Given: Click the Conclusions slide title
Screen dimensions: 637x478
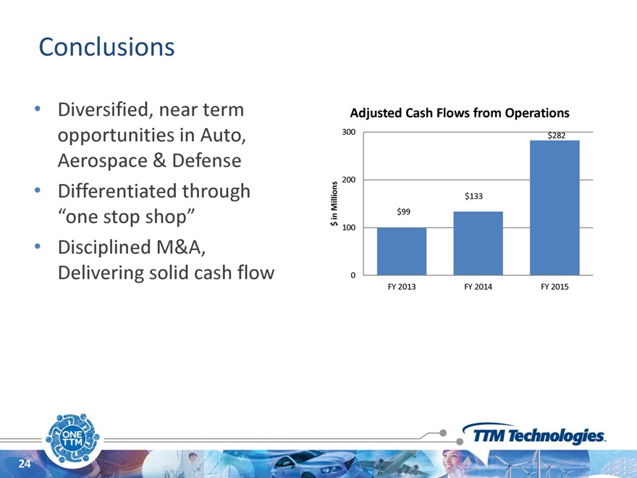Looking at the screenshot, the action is pyautogui.click(x=106, y=47).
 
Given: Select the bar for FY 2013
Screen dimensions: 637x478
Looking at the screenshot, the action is pyautogui.click(x=402, y=251).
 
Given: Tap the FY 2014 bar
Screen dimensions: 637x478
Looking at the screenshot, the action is pyautogui.click(x=478, y=243).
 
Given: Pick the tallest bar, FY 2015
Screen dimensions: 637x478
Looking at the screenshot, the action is pyautogui.click(x=554, y=208).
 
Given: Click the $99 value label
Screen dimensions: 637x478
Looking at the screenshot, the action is pyautogui.click(x=403, y=211).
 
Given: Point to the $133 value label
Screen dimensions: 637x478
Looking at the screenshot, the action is pyautogui.click(x=473, y=196).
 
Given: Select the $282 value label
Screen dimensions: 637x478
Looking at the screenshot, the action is pyautogui.click(x=556, y=135).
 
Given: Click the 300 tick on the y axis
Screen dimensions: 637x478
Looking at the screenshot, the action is pyautogui.click(x=349, y=132).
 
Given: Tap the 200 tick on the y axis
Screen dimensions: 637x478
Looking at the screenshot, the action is pyautogui.click(x=349, y=180).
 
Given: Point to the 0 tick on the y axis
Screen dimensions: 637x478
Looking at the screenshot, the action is pyautogui.click(x=353, y=275).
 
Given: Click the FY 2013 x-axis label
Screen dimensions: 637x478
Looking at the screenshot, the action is pyautogui.click(x=402, y=287).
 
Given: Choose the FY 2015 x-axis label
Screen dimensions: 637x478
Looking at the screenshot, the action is pyautogui.click(x=554, y=287).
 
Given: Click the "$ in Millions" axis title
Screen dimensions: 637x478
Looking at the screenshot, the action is pyautogui.click(x=334, y=204).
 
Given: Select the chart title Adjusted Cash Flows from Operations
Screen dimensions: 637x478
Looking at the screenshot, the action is pyautogui.click(x=460, y=113).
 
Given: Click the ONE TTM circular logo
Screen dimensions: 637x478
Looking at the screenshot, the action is pyautogui.click(x=72, y=438).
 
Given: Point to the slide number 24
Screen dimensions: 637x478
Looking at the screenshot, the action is pyautogui.click(x=25, y=464).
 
